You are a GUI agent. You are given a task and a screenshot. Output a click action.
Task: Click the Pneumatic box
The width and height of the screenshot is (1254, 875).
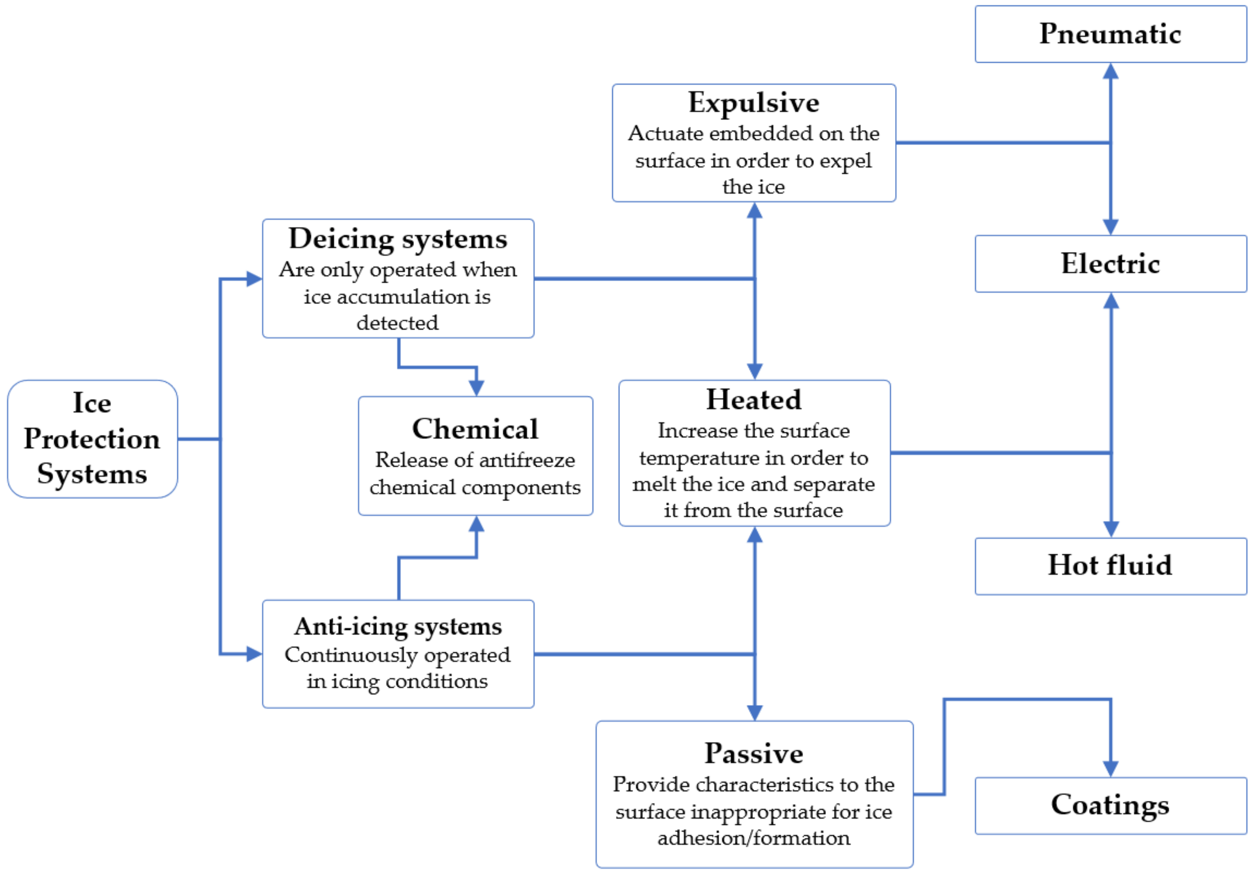tap(1110, 34)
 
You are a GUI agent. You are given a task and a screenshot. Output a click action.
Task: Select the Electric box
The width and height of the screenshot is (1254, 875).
tap(1110, 264)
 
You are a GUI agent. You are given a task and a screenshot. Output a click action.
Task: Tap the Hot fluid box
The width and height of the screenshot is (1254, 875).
tap(1110, 566)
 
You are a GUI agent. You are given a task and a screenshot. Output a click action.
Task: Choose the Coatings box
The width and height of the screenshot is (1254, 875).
tap(1110, 806)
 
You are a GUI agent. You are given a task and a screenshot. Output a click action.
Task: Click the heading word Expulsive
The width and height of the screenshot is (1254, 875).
tap(754, 103)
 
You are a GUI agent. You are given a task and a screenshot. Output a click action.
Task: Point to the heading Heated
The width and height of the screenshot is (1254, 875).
tap(754, 400)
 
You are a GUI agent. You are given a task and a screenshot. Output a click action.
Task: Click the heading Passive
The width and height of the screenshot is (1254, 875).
tap(754, 753)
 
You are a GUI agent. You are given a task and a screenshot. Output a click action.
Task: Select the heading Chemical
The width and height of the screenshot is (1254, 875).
tap(475, 428)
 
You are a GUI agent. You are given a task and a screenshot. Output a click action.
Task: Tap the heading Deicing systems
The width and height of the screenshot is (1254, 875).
tap(398, 239)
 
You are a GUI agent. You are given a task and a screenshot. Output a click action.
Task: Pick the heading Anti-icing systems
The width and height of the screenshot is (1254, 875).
tap(398, 627)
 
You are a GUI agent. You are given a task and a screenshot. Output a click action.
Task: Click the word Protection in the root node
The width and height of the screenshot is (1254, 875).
tap(92, 439)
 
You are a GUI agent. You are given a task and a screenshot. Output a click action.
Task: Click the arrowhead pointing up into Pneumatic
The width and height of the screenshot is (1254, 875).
tap(1110, 71)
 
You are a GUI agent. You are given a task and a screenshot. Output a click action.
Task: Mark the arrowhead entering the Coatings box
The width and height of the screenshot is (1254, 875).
tap(1110, 769)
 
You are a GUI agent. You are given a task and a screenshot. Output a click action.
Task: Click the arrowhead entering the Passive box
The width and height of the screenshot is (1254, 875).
tap(754, 713)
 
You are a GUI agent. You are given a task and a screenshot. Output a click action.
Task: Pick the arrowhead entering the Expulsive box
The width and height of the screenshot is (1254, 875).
tap(754, 210)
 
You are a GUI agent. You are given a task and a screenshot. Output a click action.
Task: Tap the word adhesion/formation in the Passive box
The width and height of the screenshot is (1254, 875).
tap(754, 838)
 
